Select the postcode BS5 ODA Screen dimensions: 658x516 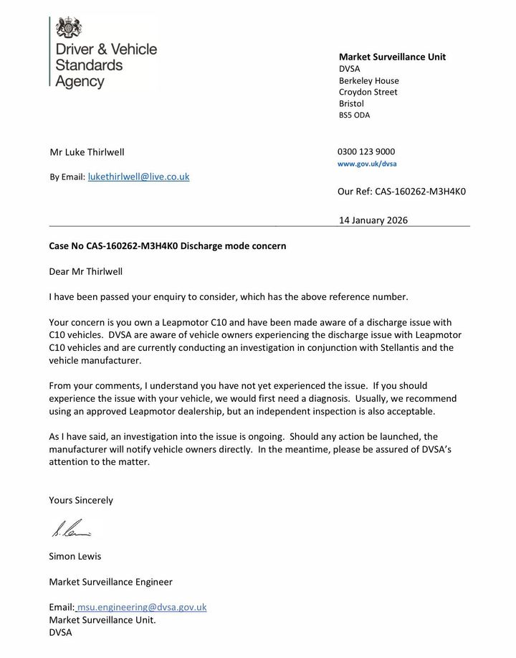pos(354,115)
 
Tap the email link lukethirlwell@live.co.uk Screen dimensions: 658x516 pos(138,176)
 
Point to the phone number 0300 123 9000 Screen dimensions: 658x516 pos(365,151)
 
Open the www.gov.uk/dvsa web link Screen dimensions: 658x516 pos(367,164)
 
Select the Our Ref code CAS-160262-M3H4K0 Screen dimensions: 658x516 pos(421,192)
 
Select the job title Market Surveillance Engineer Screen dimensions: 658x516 pos(110,581)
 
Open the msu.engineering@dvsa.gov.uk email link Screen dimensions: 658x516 pos(142,607)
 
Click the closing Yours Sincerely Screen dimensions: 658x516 pos(80,500)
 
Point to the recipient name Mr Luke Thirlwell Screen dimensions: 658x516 pos(87,152)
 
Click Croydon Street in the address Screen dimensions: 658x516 pos(368,92)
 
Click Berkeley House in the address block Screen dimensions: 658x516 pos(368,80)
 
